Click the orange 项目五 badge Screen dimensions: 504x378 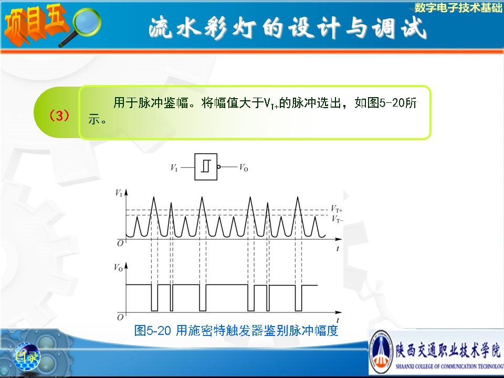(x=35, y=25)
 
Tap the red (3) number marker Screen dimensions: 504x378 (x=59, y=115)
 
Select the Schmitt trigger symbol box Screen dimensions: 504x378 (x=206, y=167)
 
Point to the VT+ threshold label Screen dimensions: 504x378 (x=337, y=209)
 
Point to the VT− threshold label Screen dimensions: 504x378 (x=337, y=219)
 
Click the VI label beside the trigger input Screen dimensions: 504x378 (x=174, y=168)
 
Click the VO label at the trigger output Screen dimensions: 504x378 (x=244, y=167)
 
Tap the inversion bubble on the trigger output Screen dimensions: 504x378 (x=219, y=167)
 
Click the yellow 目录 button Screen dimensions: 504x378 (x=27, y=356)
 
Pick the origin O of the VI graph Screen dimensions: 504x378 (x=120, y=243)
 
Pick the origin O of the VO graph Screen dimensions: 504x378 (x=120, y=317)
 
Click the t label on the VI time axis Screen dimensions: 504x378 (x=338, y=248)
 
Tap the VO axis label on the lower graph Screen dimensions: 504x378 (x=118, y=267)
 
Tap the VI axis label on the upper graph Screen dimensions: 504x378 (x=119, y=193)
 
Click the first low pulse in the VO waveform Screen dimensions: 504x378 (x=154, y=298)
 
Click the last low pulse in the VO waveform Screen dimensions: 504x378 (x=299, y=298)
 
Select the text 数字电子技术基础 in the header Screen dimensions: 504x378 (x=458, y=8)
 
